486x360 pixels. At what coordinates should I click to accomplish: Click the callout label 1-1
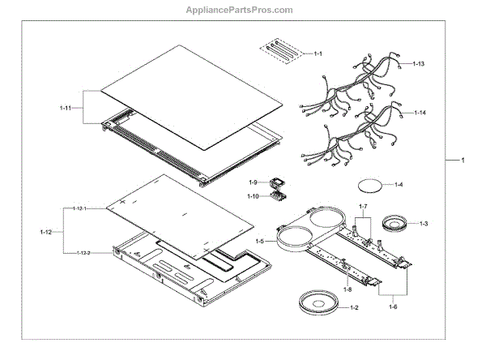pyautogui.click(x=318, y=54)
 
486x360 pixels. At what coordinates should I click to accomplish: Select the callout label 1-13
pyautogui.click(x=418, y=63)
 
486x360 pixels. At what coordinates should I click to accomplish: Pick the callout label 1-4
pyautogui.click(x=399, y=186)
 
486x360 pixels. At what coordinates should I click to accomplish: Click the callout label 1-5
pyautogui.click(x=259, y=241)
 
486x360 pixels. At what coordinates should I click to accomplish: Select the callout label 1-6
pyautogui.click(x=394, y=306)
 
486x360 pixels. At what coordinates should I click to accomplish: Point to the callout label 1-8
pyautogui.click(x=347, y=289)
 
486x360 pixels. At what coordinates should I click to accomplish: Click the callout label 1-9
pyautogui.click(x=253, y=182)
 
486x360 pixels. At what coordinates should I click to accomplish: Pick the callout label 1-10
pyautogui.click(x=253, y=196)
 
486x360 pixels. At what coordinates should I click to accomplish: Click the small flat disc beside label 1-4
pyautogui.click(x=371, y=185)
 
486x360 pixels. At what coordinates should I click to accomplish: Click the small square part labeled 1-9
pyautogui.click(x=272, y=182)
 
